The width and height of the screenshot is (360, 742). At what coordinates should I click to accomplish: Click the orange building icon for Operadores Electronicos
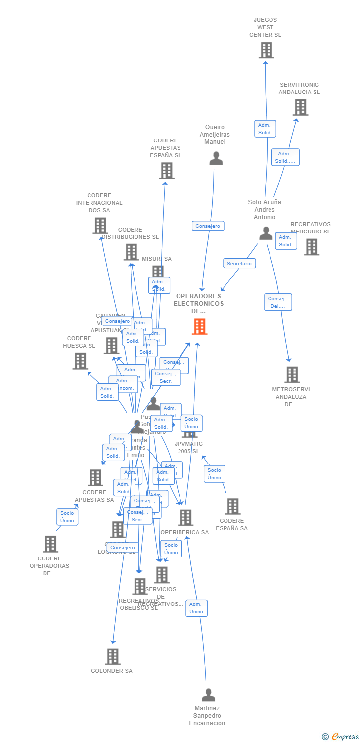(199, 326)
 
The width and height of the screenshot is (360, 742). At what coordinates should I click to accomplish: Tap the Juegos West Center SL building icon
(266, 50)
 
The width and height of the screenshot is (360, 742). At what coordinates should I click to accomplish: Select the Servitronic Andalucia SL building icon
(300, 107)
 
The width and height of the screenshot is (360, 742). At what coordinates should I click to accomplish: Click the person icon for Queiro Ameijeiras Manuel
(216, 158)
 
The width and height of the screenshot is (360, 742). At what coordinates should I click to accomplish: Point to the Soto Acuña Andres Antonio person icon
(266, 233)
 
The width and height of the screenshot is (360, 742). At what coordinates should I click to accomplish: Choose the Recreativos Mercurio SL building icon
(312, 247)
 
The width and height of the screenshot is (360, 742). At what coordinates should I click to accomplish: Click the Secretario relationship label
(239, 263)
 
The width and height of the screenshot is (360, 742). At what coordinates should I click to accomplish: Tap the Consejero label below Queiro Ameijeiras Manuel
(208, 226)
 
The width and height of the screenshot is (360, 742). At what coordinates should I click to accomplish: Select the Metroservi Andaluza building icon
(292, 374)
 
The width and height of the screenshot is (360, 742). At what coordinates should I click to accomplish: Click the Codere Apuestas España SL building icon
(167, 171)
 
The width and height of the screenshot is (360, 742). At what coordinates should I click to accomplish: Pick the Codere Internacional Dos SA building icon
(100, 226)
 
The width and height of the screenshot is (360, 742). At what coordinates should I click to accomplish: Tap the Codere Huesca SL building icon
(80, 361)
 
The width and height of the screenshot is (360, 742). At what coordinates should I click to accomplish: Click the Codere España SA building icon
(233, 507)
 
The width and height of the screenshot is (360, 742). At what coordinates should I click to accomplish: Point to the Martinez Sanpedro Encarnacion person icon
(208, 695)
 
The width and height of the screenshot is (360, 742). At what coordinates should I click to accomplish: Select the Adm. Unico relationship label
(196, 608)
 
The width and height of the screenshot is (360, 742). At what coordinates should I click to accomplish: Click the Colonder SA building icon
(113, 656)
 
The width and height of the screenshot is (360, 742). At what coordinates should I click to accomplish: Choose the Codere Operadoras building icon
(50, 544)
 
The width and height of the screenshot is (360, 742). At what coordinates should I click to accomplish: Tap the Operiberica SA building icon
(185, 517)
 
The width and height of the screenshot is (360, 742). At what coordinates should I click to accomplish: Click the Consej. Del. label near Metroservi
(278, 302)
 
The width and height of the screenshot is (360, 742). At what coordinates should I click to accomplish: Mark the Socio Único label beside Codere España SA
(214, 474)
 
